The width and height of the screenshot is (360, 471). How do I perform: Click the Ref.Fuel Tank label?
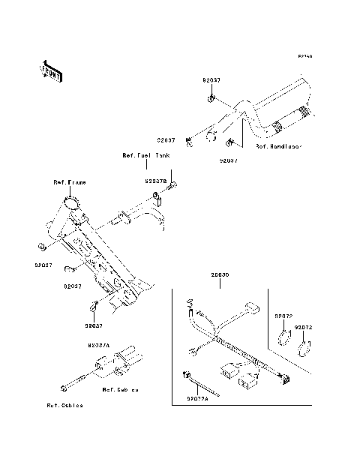pos(145,155)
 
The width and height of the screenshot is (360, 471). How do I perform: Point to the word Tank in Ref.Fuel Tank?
pos(162,155)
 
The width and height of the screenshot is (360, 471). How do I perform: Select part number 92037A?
pos(98,345)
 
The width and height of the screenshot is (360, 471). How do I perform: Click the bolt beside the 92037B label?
pos(172,184)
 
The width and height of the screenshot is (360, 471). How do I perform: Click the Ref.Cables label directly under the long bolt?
pos(64,405)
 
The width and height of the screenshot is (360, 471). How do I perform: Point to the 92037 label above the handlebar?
pos(211,79)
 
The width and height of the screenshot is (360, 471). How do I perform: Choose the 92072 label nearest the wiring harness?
pos(283,317)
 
